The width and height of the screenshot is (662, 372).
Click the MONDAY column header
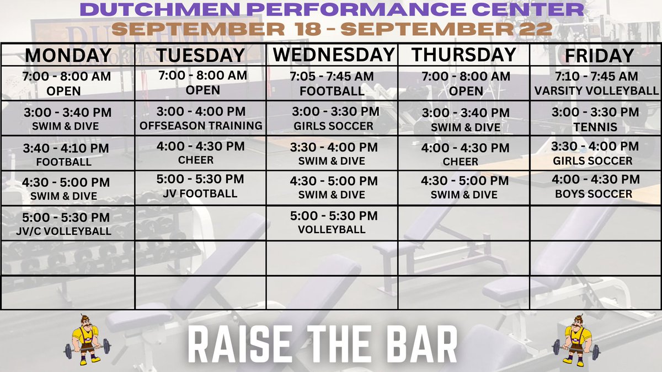point(68,56)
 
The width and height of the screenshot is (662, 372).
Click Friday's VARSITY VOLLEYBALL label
point(596,90)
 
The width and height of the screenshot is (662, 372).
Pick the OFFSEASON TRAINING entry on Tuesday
point(201,126)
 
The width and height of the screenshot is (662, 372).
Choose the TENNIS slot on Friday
point(595,127)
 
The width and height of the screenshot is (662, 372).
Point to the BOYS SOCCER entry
point(594,194)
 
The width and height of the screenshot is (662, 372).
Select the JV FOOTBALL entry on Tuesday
point(200,193)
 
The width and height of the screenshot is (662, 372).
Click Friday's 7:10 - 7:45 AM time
point(595,76)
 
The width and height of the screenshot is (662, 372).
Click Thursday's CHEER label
point(461,161)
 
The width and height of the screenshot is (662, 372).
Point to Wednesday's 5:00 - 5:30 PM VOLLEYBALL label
point(332,229)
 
